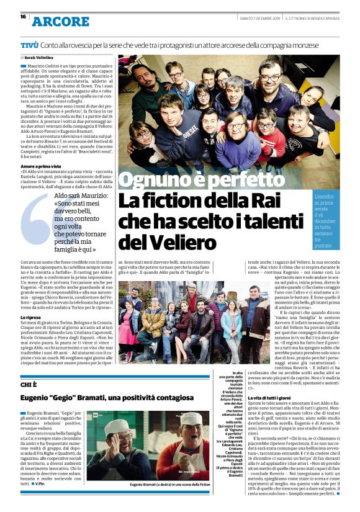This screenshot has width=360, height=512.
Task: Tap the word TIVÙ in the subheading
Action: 30,45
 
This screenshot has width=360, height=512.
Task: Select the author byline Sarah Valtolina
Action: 38,57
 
